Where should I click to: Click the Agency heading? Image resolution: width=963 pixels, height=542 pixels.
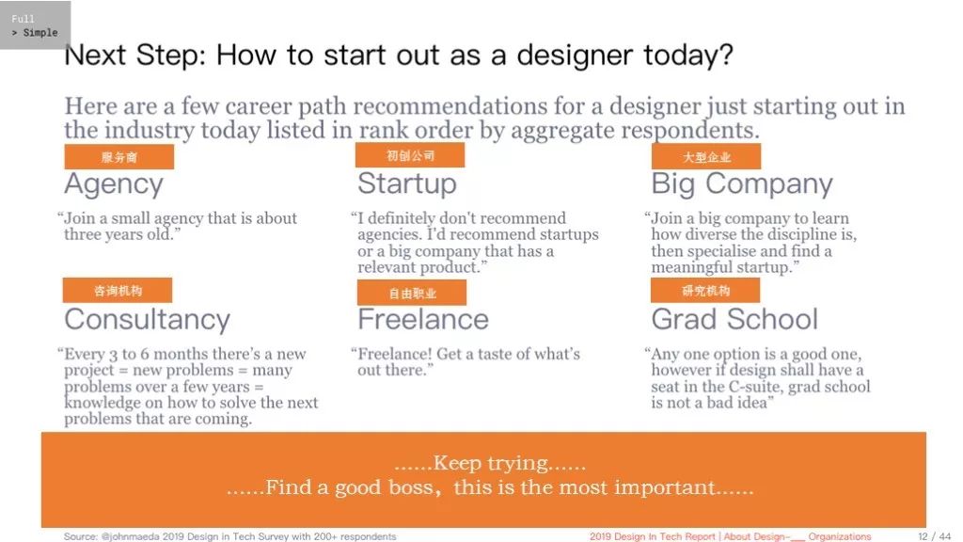tap(114, 184)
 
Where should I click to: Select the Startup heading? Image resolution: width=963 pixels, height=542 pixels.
tap(407, 183)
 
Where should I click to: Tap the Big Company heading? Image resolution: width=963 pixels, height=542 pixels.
tap(742, 184)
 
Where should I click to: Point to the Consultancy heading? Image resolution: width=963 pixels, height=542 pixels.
tap(148, 320)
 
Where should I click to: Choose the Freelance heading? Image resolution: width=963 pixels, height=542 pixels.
tap(423, 320)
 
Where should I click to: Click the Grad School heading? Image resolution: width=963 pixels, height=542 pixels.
tap(734, 320)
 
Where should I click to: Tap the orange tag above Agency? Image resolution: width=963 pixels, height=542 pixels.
tap(119, 157)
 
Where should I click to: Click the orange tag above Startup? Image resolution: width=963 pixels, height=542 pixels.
tap(410, 155)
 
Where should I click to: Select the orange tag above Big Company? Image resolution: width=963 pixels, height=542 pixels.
tap(706, 157)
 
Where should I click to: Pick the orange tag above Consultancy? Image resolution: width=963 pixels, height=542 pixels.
tap(118, 290)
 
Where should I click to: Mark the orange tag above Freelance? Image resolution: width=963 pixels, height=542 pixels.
tap(412, 293)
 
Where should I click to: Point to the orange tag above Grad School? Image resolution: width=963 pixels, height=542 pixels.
tap(705, 290)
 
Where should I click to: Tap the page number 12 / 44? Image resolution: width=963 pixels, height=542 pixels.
tap(934, 536)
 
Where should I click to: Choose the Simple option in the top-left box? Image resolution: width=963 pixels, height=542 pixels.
tap(39, 33)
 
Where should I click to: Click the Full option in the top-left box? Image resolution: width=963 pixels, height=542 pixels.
tap(23, 19)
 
